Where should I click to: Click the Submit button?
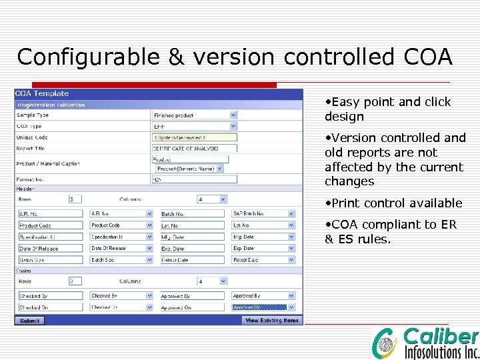[30, 321]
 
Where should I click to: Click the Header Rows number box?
[75, 199]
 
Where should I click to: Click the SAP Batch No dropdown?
[263, 214]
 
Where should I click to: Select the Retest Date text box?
[193, 260]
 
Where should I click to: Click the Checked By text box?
[50, 295]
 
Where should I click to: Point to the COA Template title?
[42, 94]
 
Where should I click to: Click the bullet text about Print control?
[397, 203]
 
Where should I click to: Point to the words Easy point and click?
[390, 102]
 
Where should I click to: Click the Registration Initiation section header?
[51, 105]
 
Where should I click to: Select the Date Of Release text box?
[50, 249]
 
